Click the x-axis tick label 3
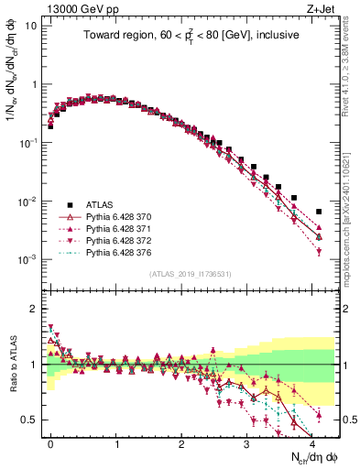246,442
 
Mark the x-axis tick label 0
50,442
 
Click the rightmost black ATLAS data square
319,212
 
